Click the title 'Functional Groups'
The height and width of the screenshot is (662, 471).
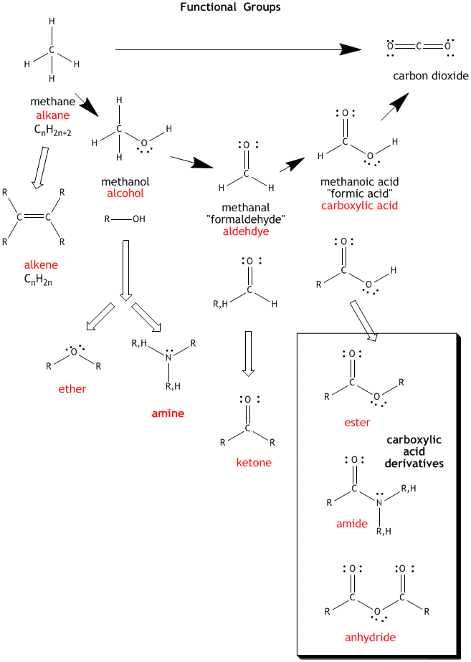point(229,7)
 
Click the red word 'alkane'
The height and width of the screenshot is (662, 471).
point(53,115)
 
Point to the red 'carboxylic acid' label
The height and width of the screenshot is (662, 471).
point(359,206)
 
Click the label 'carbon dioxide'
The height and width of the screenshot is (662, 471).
point(430,75)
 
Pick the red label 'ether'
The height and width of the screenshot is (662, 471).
point(72,389)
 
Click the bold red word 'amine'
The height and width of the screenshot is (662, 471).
point(168,413)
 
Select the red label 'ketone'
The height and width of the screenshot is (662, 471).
point(254,462)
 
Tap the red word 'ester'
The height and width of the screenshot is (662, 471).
point(357,422)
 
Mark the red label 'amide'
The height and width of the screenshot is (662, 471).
point(352,524)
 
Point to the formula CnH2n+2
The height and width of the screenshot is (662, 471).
point(52,130)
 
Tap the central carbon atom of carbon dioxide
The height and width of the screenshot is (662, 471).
point(419,47)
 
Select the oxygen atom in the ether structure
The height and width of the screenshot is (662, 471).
point(73,352)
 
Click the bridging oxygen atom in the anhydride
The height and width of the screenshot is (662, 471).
point(376,611)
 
